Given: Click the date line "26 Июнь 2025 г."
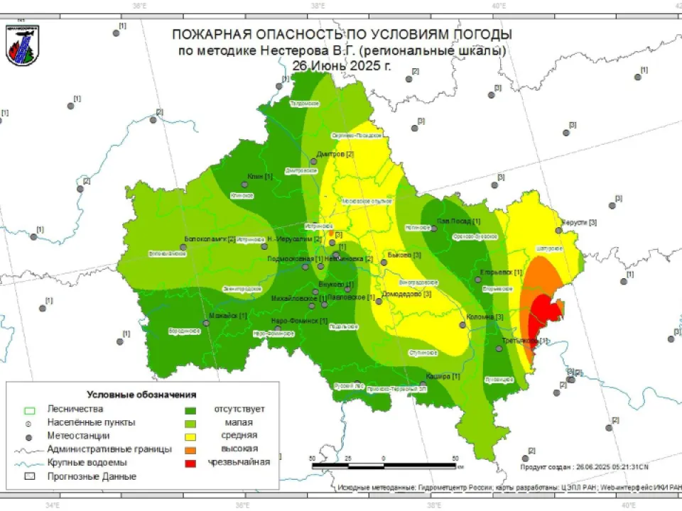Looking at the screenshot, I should pos(341,65).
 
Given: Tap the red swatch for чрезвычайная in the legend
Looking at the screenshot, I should pos(190,462).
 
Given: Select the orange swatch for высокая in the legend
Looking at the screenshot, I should pos(190,449).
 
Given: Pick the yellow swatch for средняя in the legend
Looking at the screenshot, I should pos(190,435).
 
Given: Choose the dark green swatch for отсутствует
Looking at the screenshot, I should pos(190,409).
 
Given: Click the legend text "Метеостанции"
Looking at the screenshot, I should pos(78,435).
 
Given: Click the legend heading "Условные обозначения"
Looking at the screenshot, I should pos(141,394).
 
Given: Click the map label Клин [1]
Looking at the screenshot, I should pos(260,176).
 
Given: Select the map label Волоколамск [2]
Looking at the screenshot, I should pos(210,238).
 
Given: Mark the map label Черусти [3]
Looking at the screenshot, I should pos(579,222).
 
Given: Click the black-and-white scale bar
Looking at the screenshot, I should pos(384,466).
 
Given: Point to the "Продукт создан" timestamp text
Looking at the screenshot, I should pos(584,467).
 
